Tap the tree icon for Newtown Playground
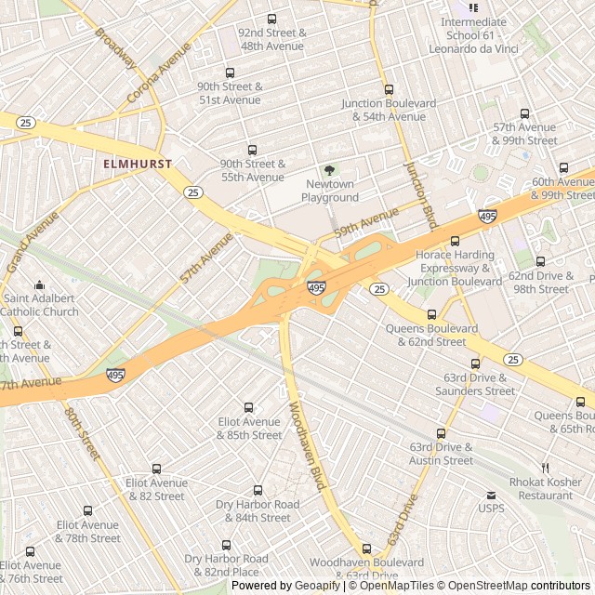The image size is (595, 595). [329, 170]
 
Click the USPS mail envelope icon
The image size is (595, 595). [490, 495]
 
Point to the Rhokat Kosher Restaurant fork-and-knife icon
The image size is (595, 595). [546, 468]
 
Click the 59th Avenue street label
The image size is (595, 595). [366, 220]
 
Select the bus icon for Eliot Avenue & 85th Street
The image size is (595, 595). [248, 407]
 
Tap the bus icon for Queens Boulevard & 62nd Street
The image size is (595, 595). [431, 314]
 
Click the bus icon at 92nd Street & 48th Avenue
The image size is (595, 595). [271, 19]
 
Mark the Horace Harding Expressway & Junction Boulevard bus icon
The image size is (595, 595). [455, 241]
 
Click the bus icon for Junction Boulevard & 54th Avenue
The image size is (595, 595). [389, 90]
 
